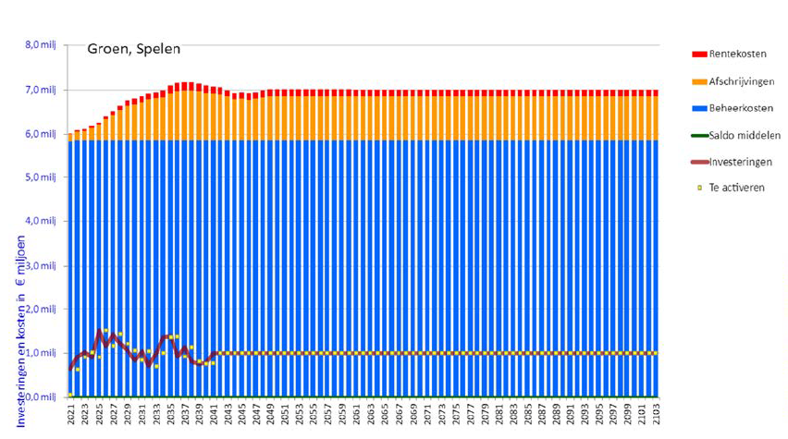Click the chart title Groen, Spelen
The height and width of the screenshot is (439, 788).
tap(134, 49)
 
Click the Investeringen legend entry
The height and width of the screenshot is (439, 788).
tap(741, 162)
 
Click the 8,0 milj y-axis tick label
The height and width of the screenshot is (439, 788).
tap(41, 44)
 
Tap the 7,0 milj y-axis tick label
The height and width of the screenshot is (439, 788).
tap(41, 90)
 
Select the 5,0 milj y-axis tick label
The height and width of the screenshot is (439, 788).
tap(41, 177)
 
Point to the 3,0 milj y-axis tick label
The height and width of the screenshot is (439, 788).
tap(41, 266)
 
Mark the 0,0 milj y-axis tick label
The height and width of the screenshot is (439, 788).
tap(41, 397)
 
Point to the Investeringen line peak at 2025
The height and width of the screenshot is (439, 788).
tap(99, 332)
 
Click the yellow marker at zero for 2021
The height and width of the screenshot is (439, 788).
tap(71, 396)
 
